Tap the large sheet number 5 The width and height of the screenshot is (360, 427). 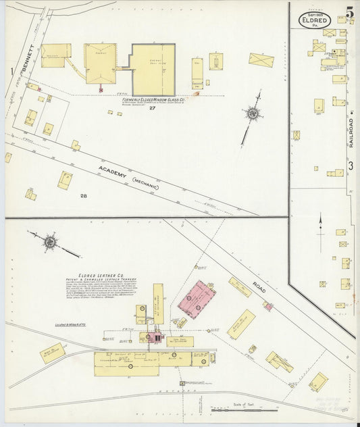click(349, 13)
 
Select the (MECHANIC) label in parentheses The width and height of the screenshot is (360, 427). click(145, 183)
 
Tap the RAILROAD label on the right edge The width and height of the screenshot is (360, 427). click(351, 132)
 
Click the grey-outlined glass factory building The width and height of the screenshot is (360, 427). click(153, 69)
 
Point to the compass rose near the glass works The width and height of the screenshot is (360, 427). click(253, 114)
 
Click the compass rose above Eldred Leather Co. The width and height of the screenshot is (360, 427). click(51, 241)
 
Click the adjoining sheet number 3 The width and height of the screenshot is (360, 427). click(351, 166)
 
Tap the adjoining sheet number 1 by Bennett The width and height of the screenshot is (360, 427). click(11, 71)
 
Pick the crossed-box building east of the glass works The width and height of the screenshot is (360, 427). click(261, 60)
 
